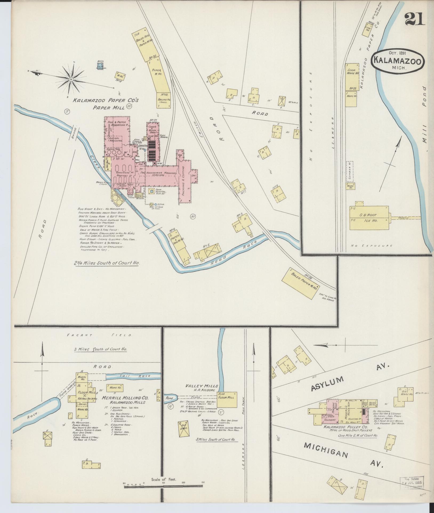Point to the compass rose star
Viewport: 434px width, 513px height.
[x=71, y=79]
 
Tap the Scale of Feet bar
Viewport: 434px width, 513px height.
[x=163, y=486]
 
